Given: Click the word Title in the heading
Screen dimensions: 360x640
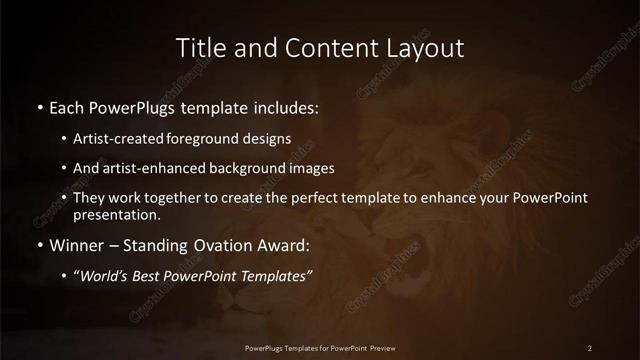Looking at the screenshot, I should point(198,48).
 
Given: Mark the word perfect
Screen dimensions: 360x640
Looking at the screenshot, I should point(321,198).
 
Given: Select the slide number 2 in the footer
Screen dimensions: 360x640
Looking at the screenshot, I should point(590,347).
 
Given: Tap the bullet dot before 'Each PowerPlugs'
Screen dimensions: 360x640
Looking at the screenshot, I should point(39,106).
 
